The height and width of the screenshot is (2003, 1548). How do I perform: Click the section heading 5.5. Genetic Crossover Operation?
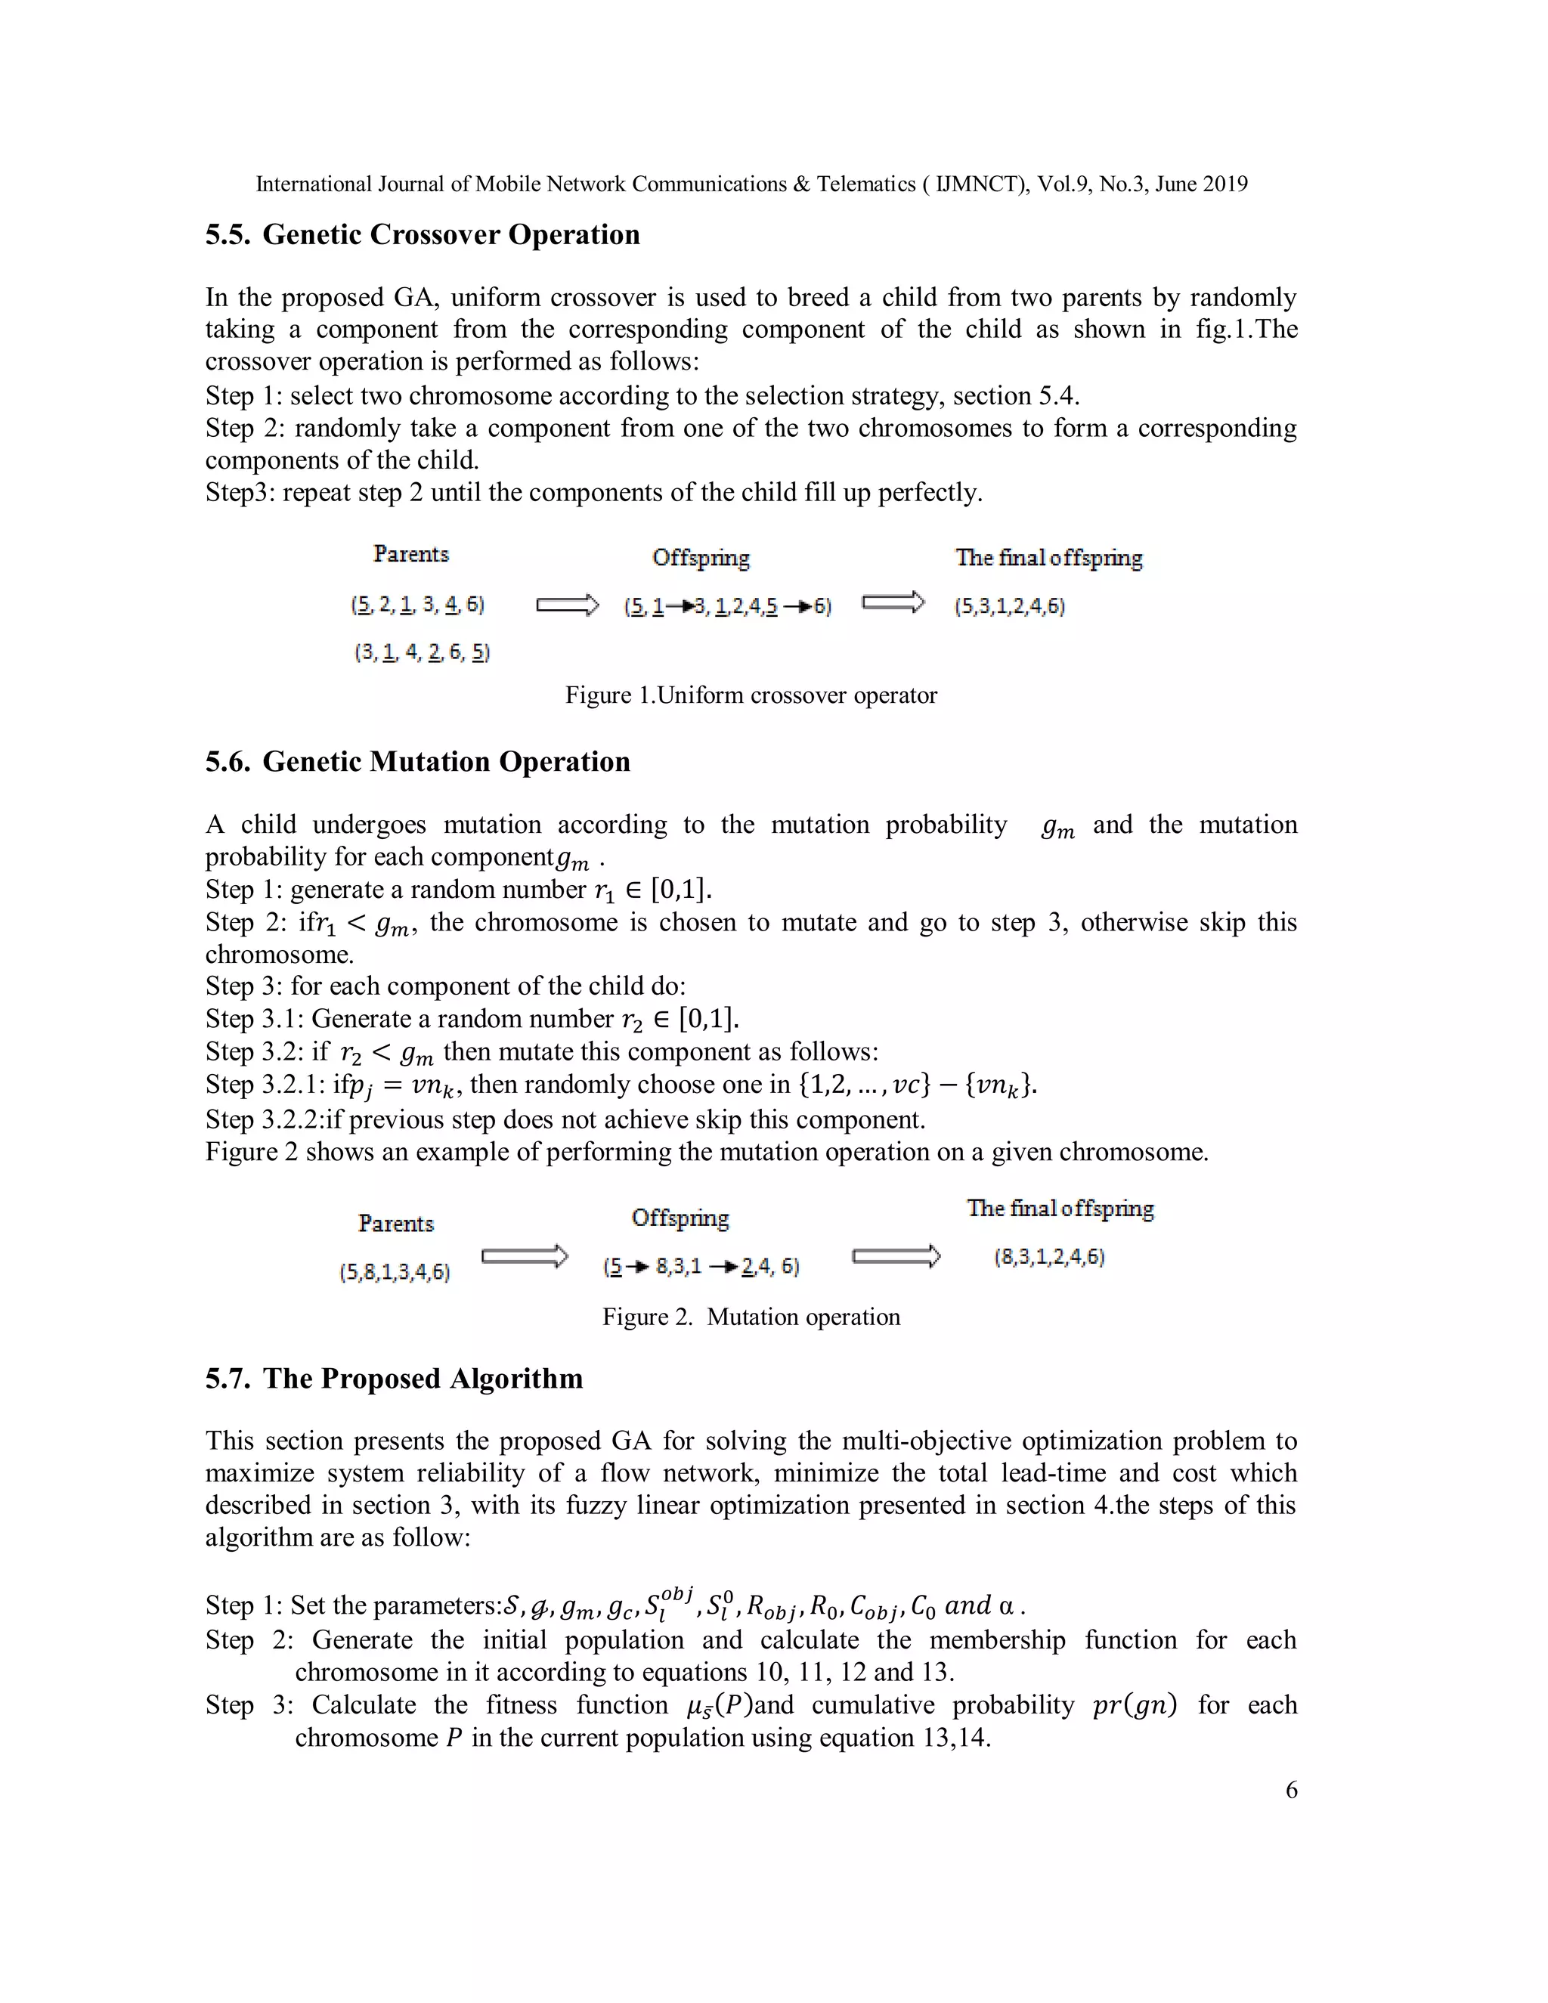pos(422,235)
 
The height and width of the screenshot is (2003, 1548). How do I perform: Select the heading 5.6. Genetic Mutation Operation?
pos(417,762)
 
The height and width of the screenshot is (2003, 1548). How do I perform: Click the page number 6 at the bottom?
pos(1291,1789)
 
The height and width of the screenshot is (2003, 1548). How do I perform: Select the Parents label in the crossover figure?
pos(411,554)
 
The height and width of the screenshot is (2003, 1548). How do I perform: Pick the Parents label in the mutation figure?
pos(395,1224)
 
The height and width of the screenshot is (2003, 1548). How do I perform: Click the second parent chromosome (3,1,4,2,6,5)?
pos(422,652)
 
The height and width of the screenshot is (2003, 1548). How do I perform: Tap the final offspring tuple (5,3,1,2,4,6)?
pos(1009,606)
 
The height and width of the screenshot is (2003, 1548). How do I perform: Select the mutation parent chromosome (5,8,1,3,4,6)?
pos(395,1272)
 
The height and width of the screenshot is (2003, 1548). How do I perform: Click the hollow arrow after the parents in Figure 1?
pos(567,605)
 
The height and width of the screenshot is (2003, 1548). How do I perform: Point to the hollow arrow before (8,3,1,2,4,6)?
pos(895,1256)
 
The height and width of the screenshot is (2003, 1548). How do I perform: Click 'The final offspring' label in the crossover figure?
pos(1048,558)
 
